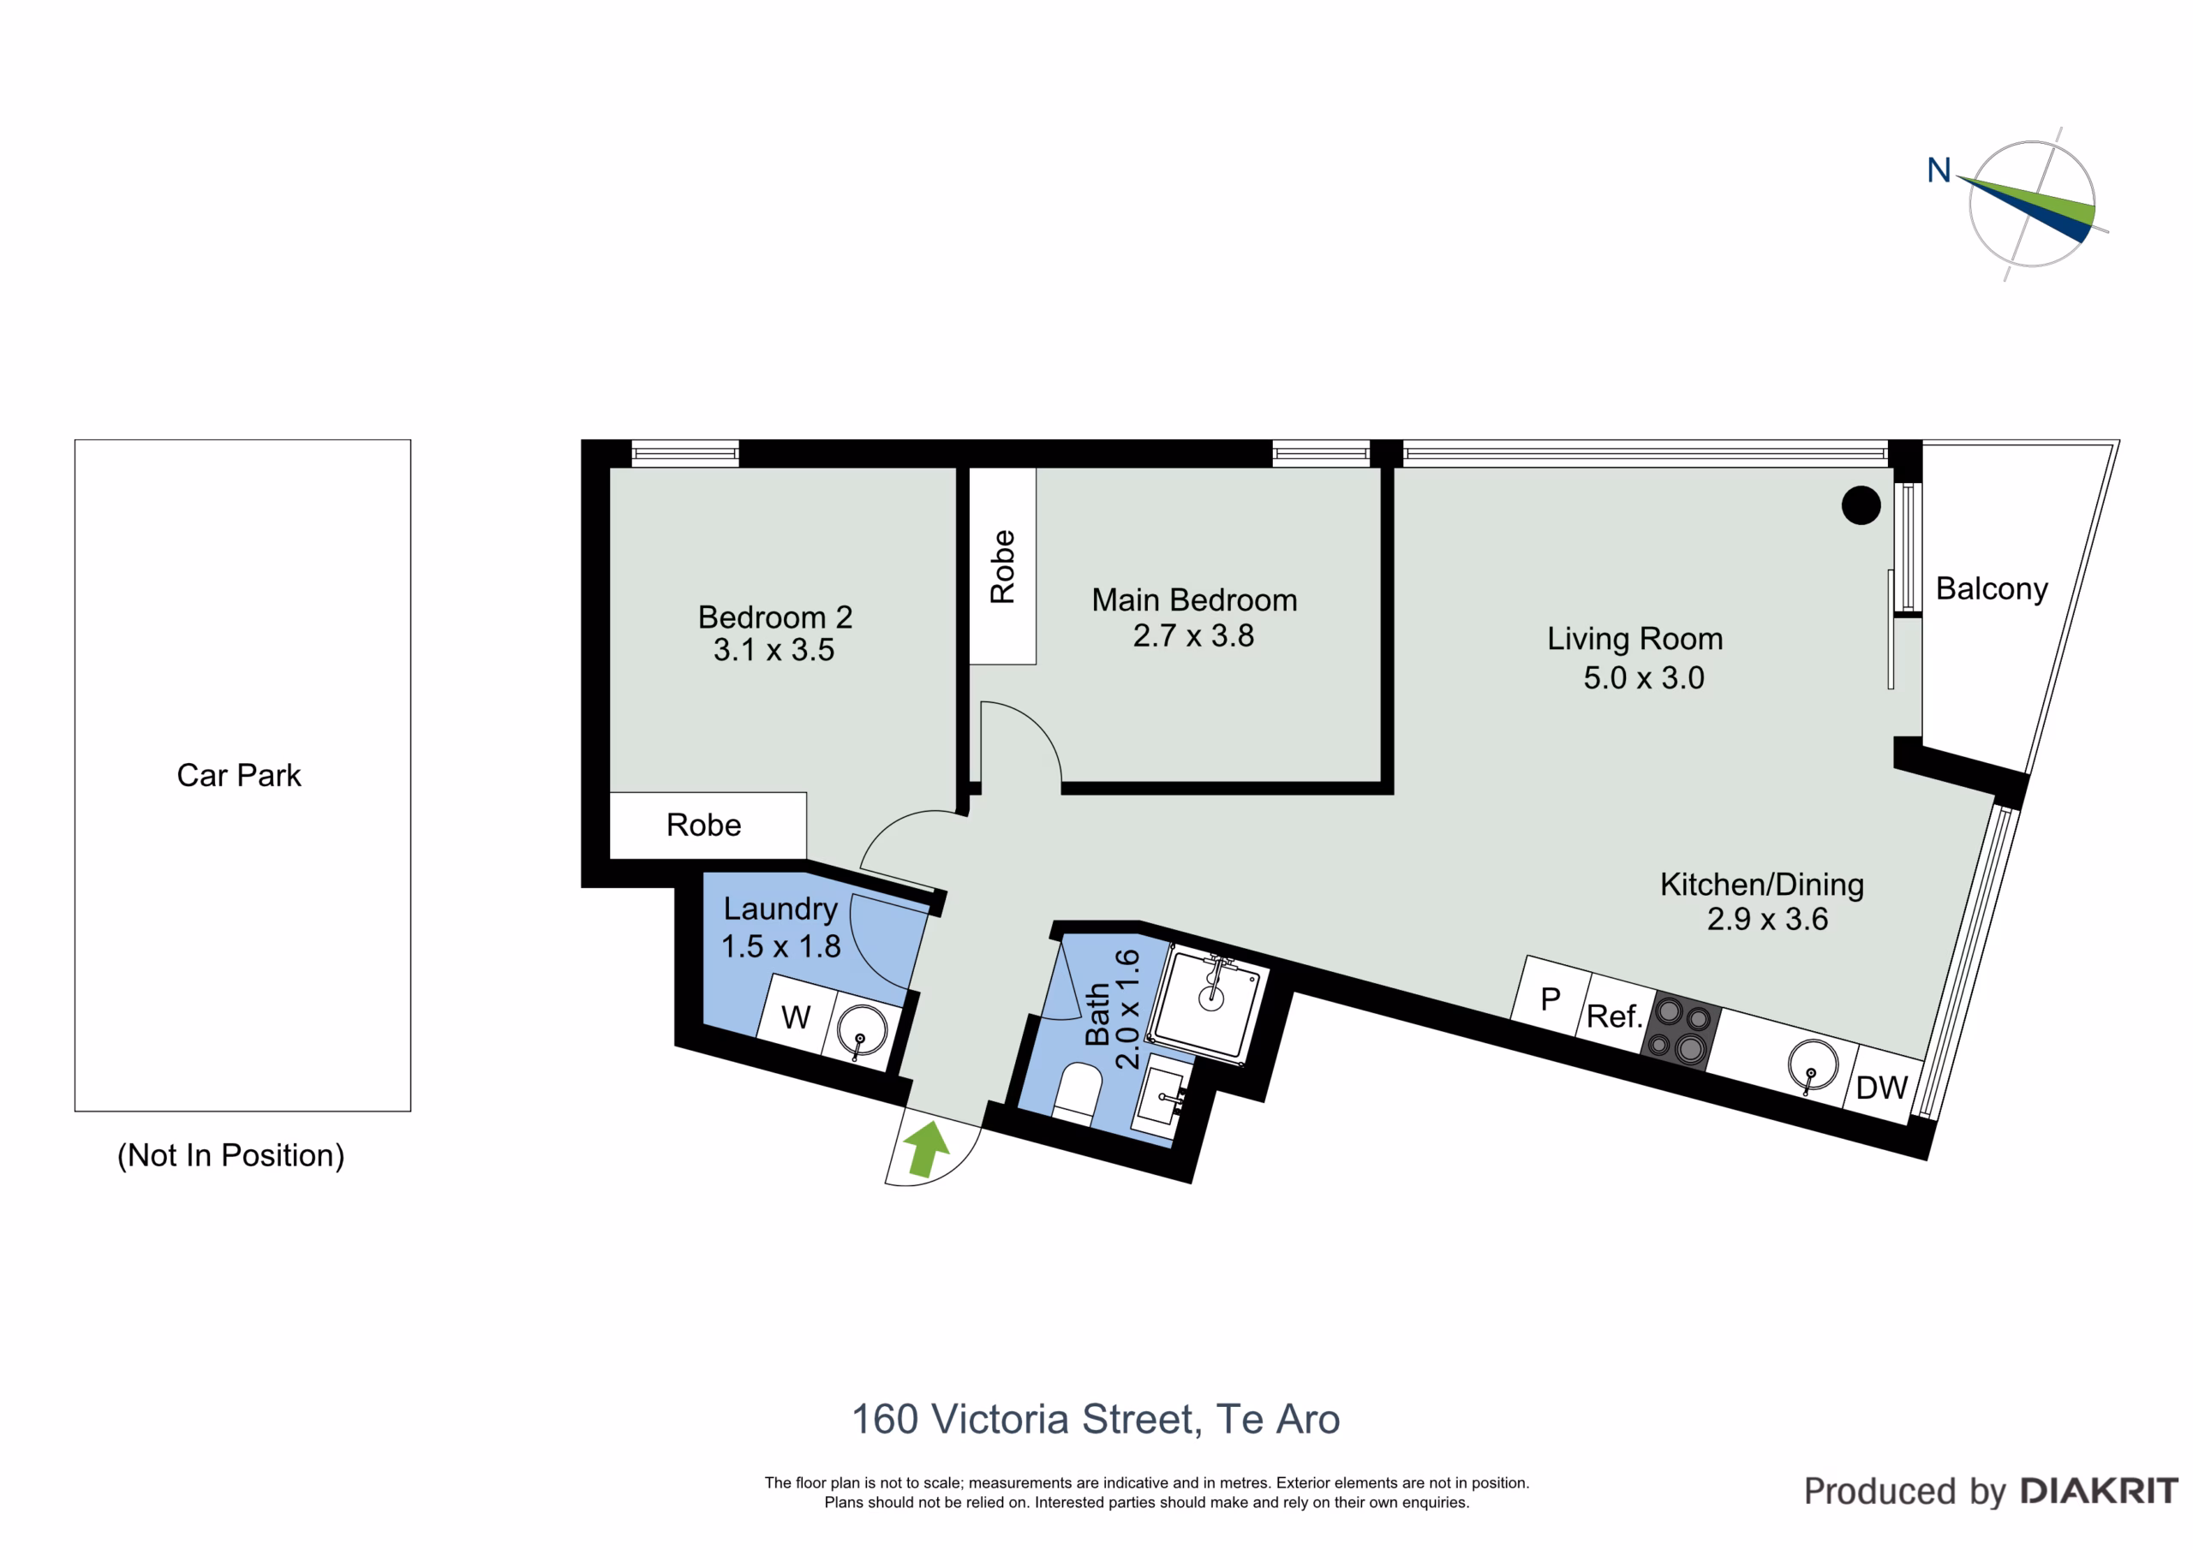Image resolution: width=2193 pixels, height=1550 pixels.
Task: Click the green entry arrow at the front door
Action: click(x=925, y=1149)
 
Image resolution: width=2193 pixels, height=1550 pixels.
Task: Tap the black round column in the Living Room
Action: click(x=1861, y=505)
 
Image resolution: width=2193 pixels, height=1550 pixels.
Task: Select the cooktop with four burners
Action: click(x=1681, y=1030)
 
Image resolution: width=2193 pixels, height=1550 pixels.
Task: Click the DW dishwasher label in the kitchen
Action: click(x=1880, y=1088)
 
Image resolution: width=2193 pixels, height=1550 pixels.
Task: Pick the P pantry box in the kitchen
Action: click(x=1551, y=996)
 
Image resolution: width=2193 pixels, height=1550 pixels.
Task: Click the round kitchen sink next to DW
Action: click(x=1813, y=1064)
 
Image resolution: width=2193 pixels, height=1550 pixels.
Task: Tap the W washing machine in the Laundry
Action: click(x=797, y=1014)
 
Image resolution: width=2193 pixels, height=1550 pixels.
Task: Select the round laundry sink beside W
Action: click(x=862, y=1031)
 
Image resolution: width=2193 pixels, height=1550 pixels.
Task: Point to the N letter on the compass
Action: click(x=1939, y=170)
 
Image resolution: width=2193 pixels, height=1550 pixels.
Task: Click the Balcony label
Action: click(x=1992, y=588)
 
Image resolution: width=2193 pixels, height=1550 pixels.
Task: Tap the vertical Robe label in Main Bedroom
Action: click(x=1002, y=566)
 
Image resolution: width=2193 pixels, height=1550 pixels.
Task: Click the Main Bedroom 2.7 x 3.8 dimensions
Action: click(x=1193, y=635)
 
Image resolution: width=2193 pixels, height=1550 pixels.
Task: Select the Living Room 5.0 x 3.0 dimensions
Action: click(x=1644, y=677)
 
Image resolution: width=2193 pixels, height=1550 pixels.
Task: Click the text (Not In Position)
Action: click(x=230, y=1154)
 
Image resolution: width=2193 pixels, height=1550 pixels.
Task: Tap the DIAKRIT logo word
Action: click(x=2100, y=1491)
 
